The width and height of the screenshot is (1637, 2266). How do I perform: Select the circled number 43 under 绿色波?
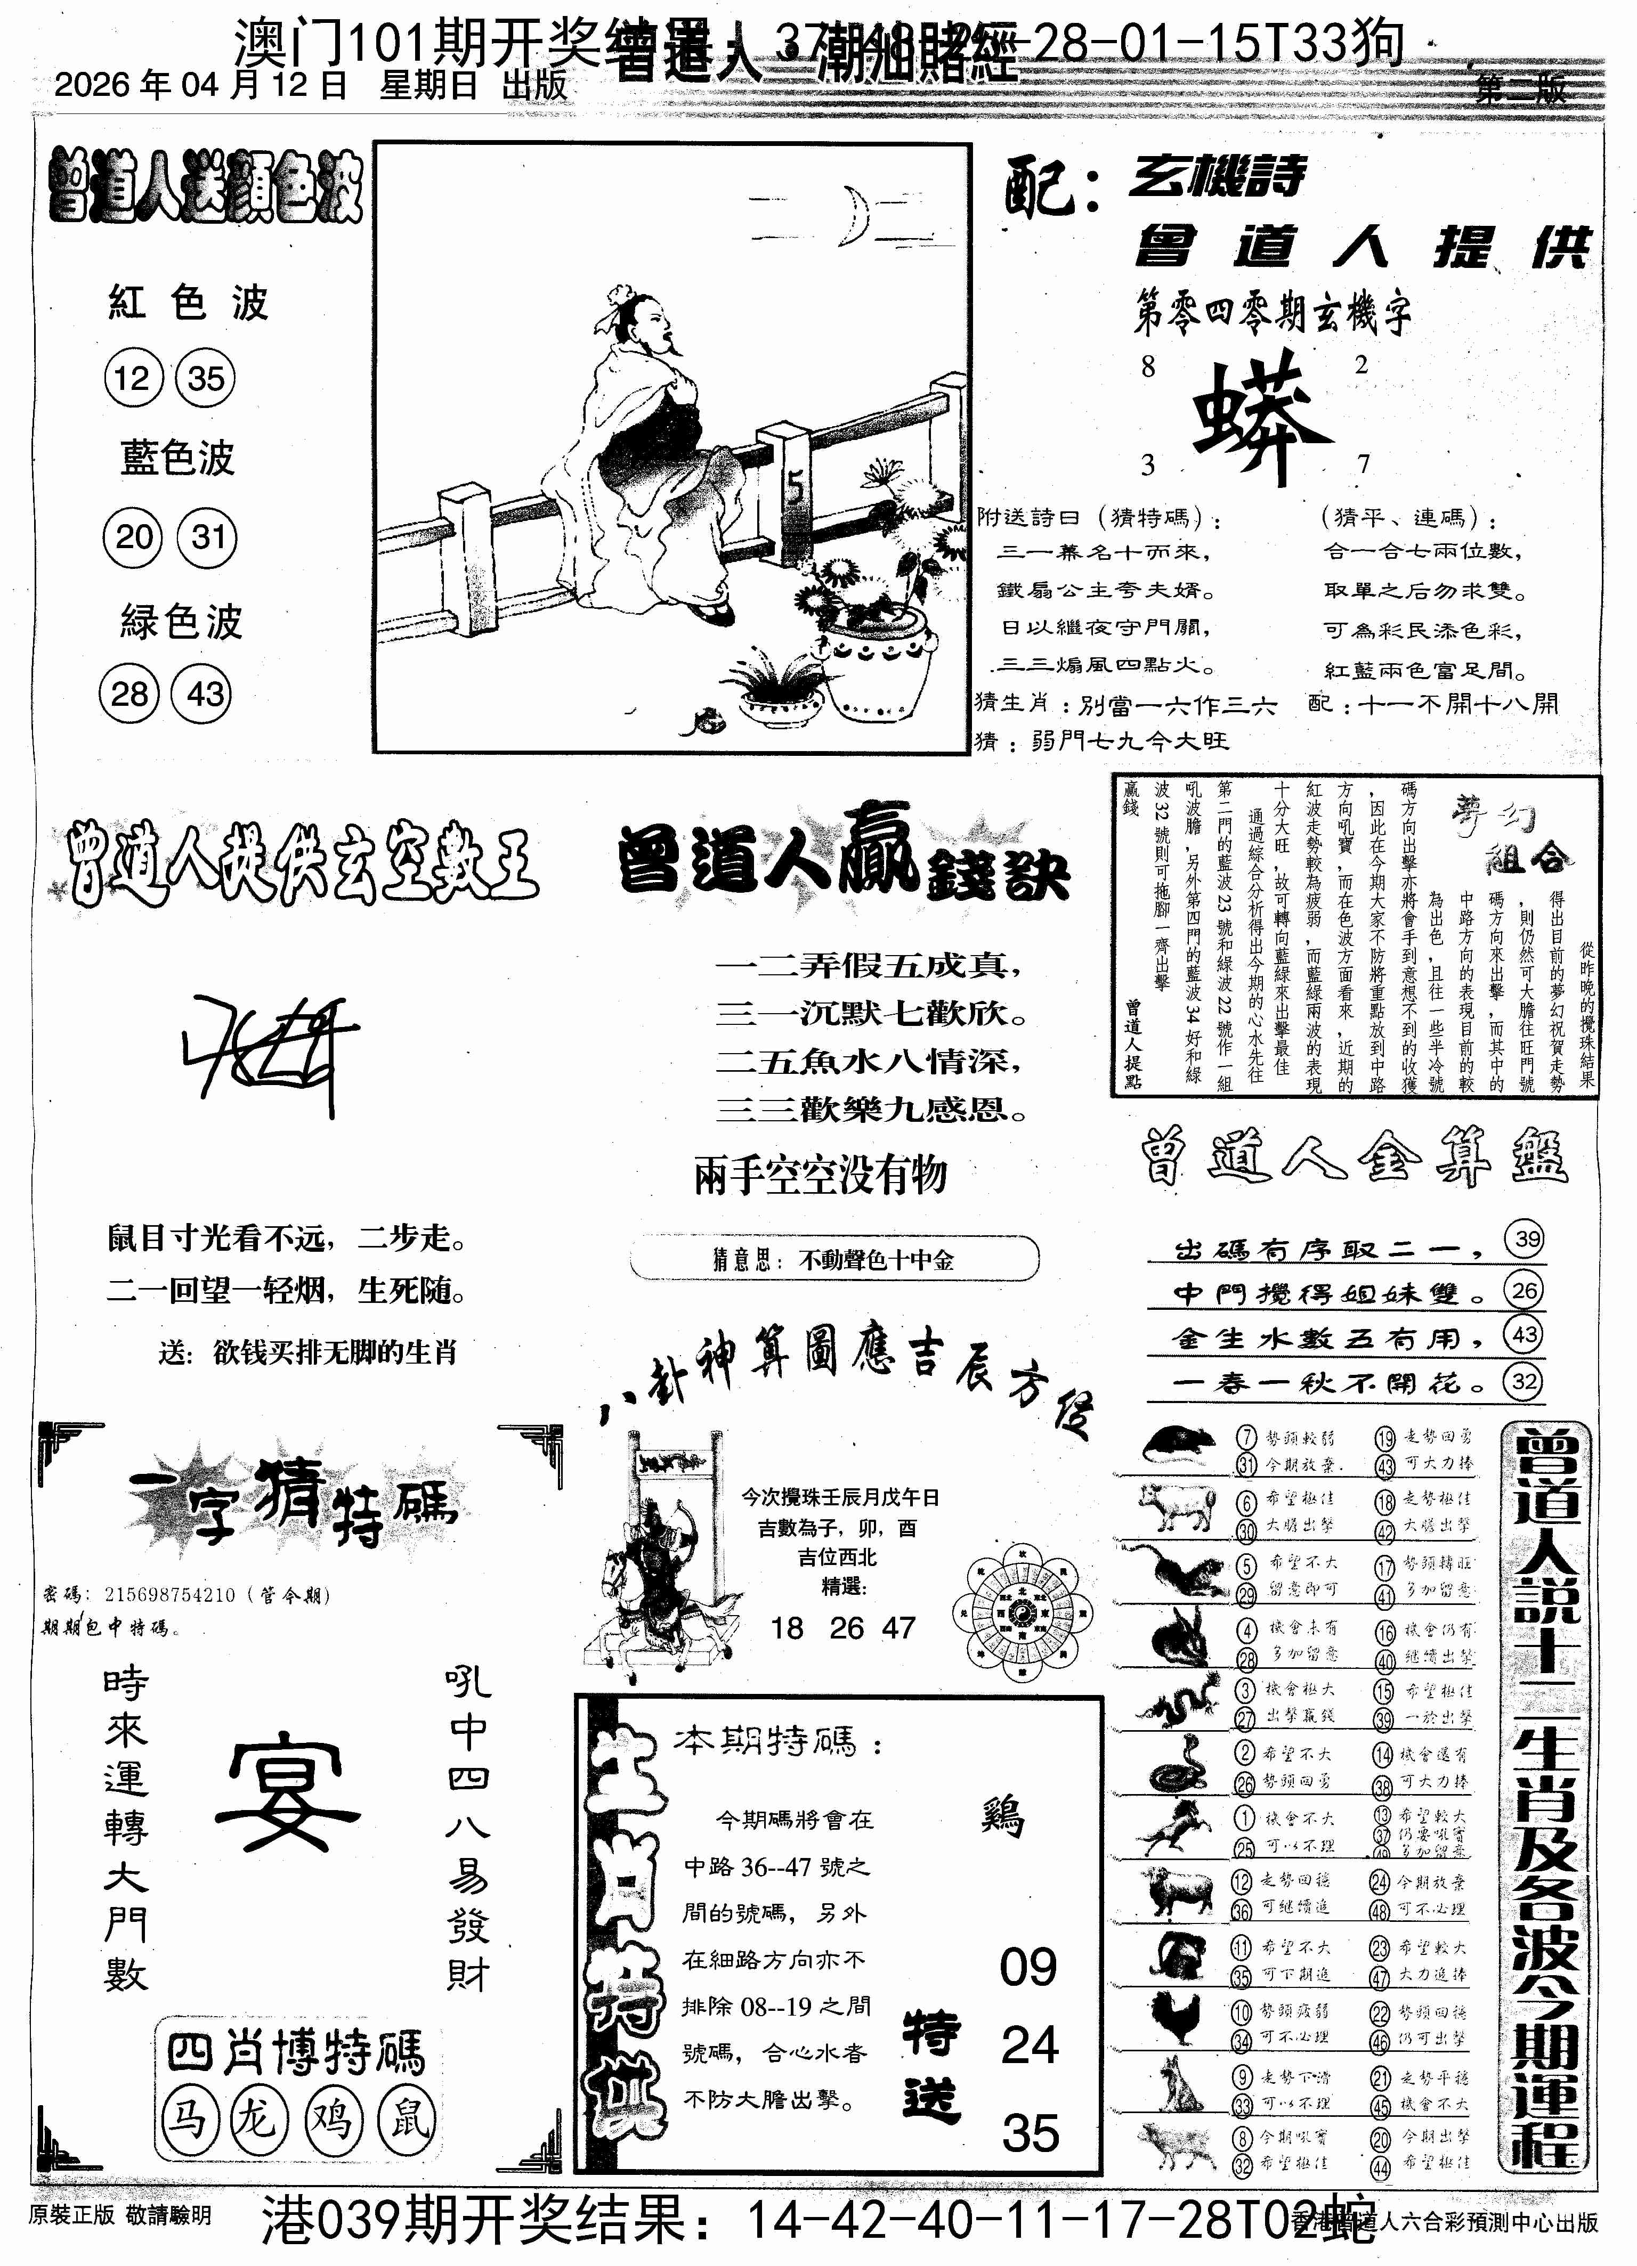coord(205,695)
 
